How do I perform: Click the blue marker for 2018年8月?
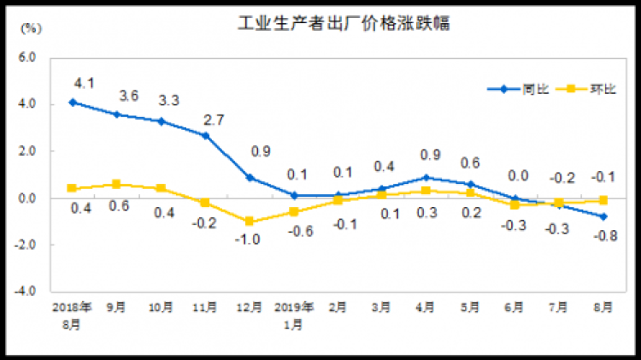73,102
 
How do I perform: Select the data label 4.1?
83,84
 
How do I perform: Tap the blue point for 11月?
205,135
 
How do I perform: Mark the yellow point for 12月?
249,221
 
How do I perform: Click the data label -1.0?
247,239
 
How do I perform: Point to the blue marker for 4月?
426,177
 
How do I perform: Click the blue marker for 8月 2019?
603,216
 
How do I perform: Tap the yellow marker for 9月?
117,184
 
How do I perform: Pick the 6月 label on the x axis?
514,307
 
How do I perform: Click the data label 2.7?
214,120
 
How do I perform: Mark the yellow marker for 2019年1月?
293,211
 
